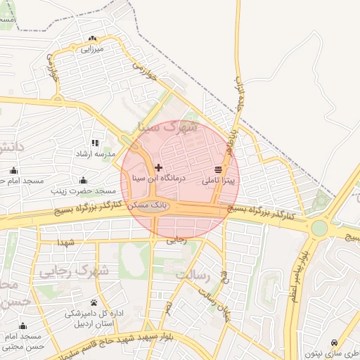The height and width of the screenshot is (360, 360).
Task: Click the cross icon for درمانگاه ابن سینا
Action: pos(158,168)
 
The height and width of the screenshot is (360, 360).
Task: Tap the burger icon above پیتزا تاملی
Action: pos(218,169)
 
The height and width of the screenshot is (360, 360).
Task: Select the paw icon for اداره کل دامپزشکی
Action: pos(94,302)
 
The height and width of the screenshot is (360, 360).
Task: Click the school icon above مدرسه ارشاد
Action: pos(95,143)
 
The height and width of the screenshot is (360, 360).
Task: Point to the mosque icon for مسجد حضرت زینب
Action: pos(84,181)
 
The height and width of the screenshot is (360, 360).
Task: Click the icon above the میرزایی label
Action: pos(92,39)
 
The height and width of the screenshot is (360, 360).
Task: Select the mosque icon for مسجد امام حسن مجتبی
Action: pos(23,326)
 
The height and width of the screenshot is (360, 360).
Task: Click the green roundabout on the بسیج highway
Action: pos(320,228)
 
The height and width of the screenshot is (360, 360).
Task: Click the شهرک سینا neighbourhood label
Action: pos(168,128)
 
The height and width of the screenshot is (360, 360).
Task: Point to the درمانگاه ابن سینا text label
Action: pos(158,179)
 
